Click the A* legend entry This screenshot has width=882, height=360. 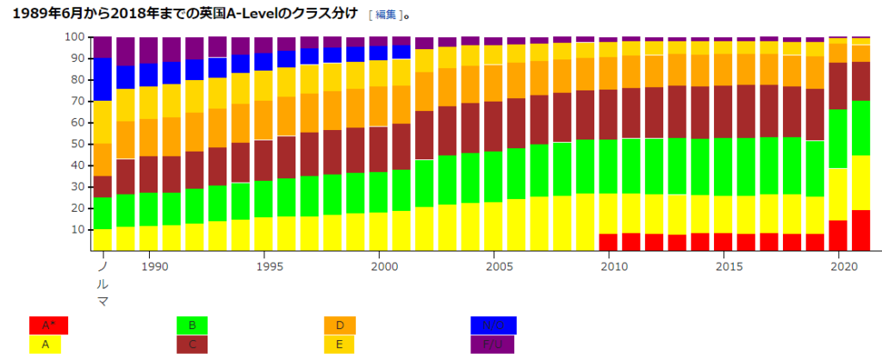click(48, 326)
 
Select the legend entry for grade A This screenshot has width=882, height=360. click(48, 344)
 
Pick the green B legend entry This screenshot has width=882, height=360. click(192, 326)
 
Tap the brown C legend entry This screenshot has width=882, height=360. click(192, 344)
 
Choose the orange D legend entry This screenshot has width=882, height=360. click(339, 326)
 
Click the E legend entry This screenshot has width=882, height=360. click(339, 344)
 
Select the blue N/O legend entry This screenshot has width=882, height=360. click(493, 326)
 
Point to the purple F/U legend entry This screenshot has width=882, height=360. click(493, 344)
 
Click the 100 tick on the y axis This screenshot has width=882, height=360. click(75, 38)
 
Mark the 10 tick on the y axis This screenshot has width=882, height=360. click(78, 230)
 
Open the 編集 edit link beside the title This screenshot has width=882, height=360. click(385, 15)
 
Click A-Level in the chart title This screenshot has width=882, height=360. click(250, 14)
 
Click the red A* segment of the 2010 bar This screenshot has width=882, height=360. click(608, 242)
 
